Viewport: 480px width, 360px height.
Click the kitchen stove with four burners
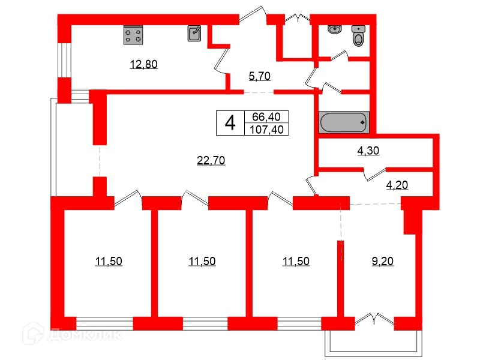(x=134, y=35)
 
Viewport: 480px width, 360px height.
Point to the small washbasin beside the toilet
(x=334, y=29)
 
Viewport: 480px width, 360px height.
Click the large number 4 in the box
(x=229, y=123)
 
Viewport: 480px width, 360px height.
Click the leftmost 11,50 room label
(x=109, y=261)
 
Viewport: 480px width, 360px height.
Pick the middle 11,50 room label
(x=202, y=261)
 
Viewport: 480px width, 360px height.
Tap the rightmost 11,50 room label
(x=296, y=261)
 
